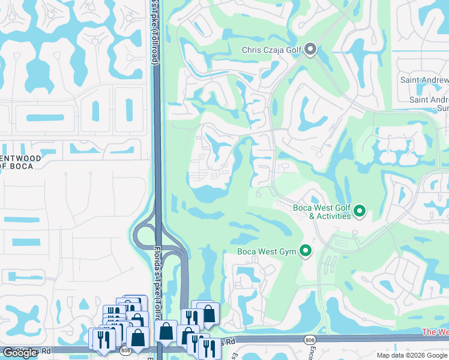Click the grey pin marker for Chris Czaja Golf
click(x=310, y=49)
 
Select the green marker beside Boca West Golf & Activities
click(x=360, y=211)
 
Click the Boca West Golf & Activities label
click(x=322, y=212)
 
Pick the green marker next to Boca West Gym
click(x=306, y=251)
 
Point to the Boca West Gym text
click(x=267, y=251)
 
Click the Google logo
click(x=20, y=353)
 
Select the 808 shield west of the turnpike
click(x=124, y=349)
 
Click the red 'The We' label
click(x=435, y=332)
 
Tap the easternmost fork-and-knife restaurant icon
click(x=209, y=346)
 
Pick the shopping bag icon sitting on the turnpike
click(x=166, y=331)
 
